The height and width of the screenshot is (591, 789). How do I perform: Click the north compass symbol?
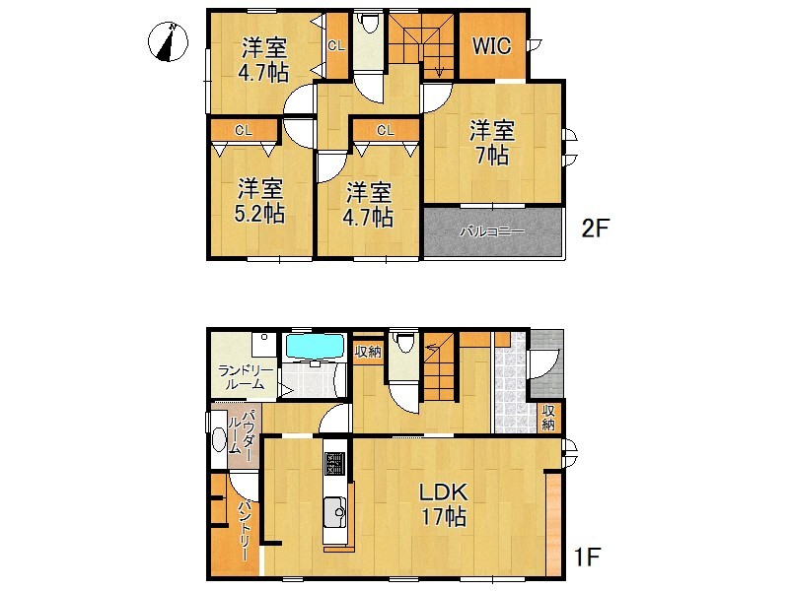(168, 41)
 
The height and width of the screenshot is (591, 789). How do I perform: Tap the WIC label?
(491, 45)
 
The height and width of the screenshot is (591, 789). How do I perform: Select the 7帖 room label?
(492, 143)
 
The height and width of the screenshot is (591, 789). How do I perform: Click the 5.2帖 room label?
(259, 201)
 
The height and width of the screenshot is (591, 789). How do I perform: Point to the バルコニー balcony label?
(492, 231)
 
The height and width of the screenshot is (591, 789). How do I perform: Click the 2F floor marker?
(596, 229)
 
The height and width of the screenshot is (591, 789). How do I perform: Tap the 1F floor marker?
(587, 557)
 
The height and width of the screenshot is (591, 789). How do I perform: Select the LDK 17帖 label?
(443, 504)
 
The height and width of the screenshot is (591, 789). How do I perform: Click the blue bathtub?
(315, 347)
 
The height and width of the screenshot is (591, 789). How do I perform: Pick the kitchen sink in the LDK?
(335, 512)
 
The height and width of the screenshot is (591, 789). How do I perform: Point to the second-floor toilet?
(369, 22)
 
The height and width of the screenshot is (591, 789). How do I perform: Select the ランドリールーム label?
(245, 378)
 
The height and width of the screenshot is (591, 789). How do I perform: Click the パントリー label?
(245, 530)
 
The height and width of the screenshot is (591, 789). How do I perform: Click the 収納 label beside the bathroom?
(368, 352)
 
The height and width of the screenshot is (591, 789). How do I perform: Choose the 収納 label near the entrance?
(548, 418)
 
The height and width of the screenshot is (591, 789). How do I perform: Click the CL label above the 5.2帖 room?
(243, 131)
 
